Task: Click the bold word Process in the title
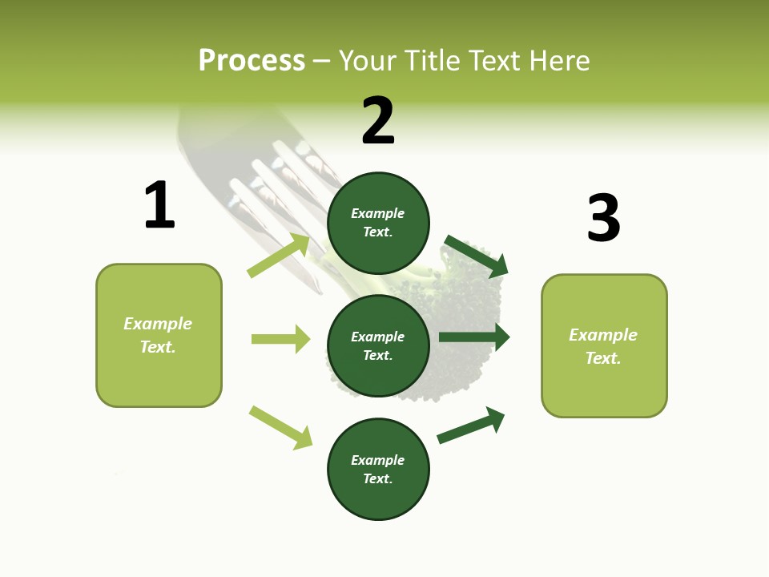(x=252, y=60)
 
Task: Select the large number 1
(x=159, y=205)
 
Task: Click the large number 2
(x=378, y=120)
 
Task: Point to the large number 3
(x=603, y=218)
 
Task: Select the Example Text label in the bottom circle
(x=378, y=470)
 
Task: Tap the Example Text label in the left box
(x=158, y=335)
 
